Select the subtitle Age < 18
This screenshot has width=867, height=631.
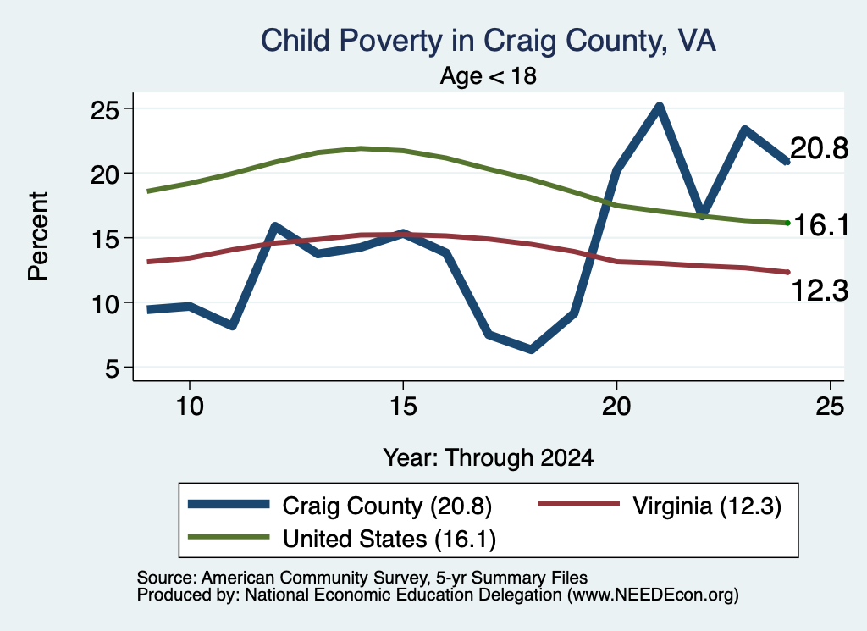pyautogui.click(x=489, y=75)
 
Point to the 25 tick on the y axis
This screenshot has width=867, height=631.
pyautogui.click(x=105, y=110)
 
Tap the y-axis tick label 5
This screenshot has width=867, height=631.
pyautogui.click(x=113, y=368)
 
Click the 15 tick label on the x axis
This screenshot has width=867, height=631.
pyautogui.click(x=403, y=407)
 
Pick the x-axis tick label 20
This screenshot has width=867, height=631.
pyautogui.click(x=616, y=407)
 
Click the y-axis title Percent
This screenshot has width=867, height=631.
pyautogui.click(x=38, y=236)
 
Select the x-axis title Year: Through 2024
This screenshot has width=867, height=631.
pyautogui.click(x=489, y=458)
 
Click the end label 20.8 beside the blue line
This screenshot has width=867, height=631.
pyautogui.click(x=819, y=148)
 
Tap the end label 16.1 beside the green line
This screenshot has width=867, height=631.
pyautogui.click(x=821, y=225)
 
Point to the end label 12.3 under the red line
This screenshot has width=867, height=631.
pyautogui.click(x=820, y=291)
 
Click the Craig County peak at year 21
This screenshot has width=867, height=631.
pyautogui.click(x=659, y=107)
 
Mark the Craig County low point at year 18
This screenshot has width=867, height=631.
pyautogui.click(x=531, y=349)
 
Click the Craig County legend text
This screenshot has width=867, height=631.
pyautogui.click(x=387, y=506)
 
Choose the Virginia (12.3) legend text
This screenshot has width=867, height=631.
pyautogui.click(x=707, y=506)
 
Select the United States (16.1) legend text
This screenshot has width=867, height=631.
pyautogui.click(x=389, y=539)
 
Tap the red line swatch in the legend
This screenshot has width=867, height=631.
pyautogui.click(x=579, y=504)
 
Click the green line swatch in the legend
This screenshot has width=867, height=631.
pyautogui.click(x=229, y=537)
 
